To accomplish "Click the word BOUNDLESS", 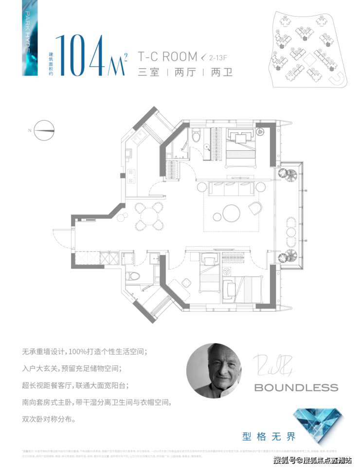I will (296, 388).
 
